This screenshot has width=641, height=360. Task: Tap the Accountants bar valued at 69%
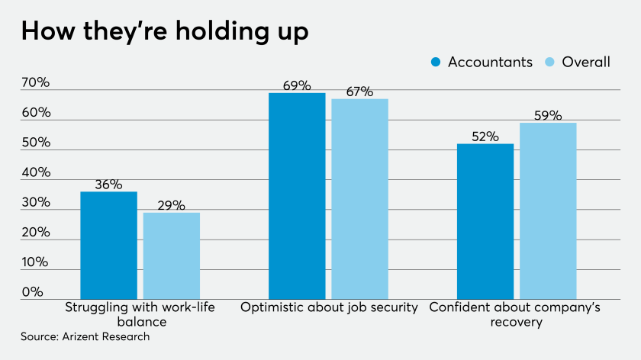point(297,195)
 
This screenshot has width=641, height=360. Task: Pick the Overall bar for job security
point(359,198)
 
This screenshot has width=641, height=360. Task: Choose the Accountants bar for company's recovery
point(485,220)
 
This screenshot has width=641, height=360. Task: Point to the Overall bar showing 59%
point(548,210)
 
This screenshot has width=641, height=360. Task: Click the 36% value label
point(108,184)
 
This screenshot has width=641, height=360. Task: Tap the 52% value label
point(485,137)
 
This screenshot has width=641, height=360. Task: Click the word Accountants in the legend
point(490,63)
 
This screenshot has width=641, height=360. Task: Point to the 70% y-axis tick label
point(36,83)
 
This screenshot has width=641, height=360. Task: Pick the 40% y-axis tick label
point(36,172)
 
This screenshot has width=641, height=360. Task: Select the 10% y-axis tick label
point(36,262)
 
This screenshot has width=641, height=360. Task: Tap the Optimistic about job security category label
point(329,307)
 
